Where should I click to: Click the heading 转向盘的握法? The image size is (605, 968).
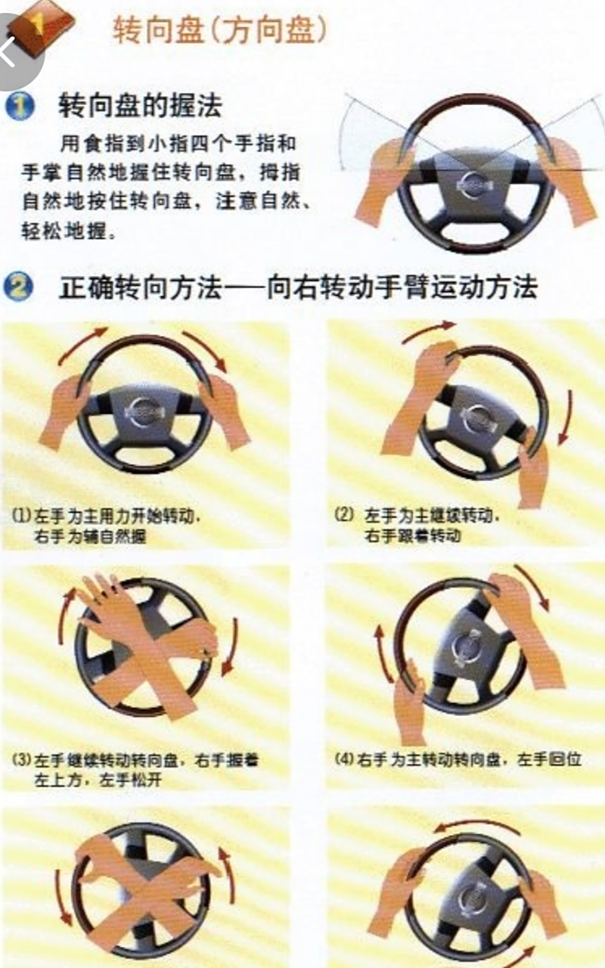point(140,106)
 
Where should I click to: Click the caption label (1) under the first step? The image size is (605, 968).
point(20,517)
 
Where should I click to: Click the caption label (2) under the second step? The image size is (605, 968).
point(344,516)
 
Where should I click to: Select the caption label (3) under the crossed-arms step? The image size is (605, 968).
point(20,759)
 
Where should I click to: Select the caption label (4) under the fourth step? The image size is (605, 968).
point(344,759)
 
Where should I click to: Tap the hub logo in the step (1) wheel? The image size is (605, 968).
point(143,412)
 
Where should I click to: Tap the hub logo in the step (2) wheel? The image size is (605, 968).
point(478,415)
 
